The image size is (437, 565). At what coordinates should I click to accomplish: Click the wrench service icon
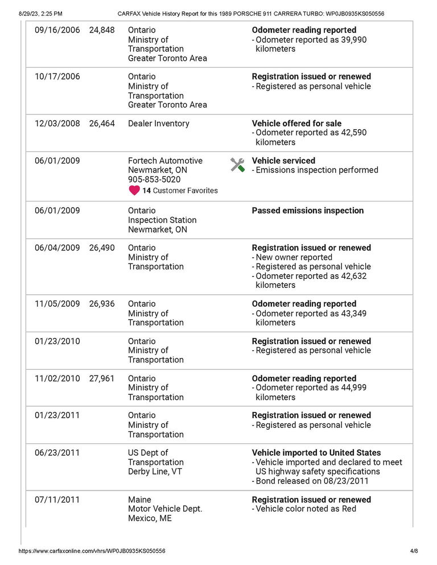coord(237,165)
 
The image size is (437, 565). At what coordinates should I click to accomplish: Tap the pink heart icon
coord(134,191)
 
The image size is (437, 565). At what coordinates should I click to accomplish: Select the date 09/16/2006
coord(57,30)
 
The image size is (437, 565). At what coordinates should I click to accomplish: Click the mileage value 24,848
coord(102,30)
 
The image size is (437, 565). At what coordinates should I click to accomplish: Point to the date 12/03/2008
coord(57,123)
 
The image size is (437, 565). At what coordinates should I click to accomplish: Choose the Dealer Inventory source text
coord(159,123)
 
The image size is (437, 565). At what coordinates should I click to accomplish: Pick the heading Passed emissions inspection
coord(307,211)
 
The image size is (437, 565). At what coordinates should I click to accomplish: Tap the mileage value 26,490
coord(102,248)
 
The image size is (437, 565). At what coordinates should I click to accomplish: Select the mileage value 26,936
coord(102,304)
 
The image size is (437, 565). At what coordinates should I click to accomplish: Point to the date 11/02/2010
coord(57,378)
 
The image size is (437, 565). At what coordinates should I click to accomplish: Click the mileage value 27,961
coord(102,378)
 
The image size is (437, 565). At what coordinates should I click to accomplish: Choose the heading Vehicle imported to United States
coord(316,453)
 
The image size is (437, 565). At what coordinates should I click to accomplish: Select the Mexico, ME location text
coord(150,518)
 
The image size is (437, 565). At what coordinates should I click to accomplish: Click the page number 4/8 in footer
coord(414,551)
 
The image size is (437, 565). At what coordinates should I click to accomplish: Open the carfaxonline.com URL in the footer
coord(92,551)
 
